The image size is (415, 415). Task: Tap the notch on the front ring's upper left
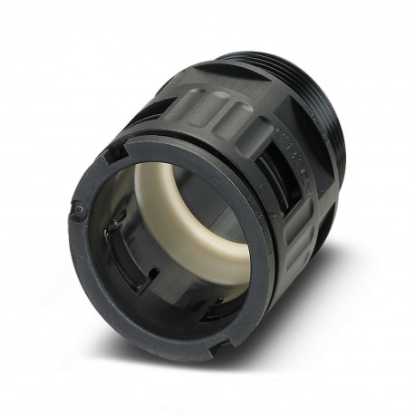[x=111, y=156]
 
